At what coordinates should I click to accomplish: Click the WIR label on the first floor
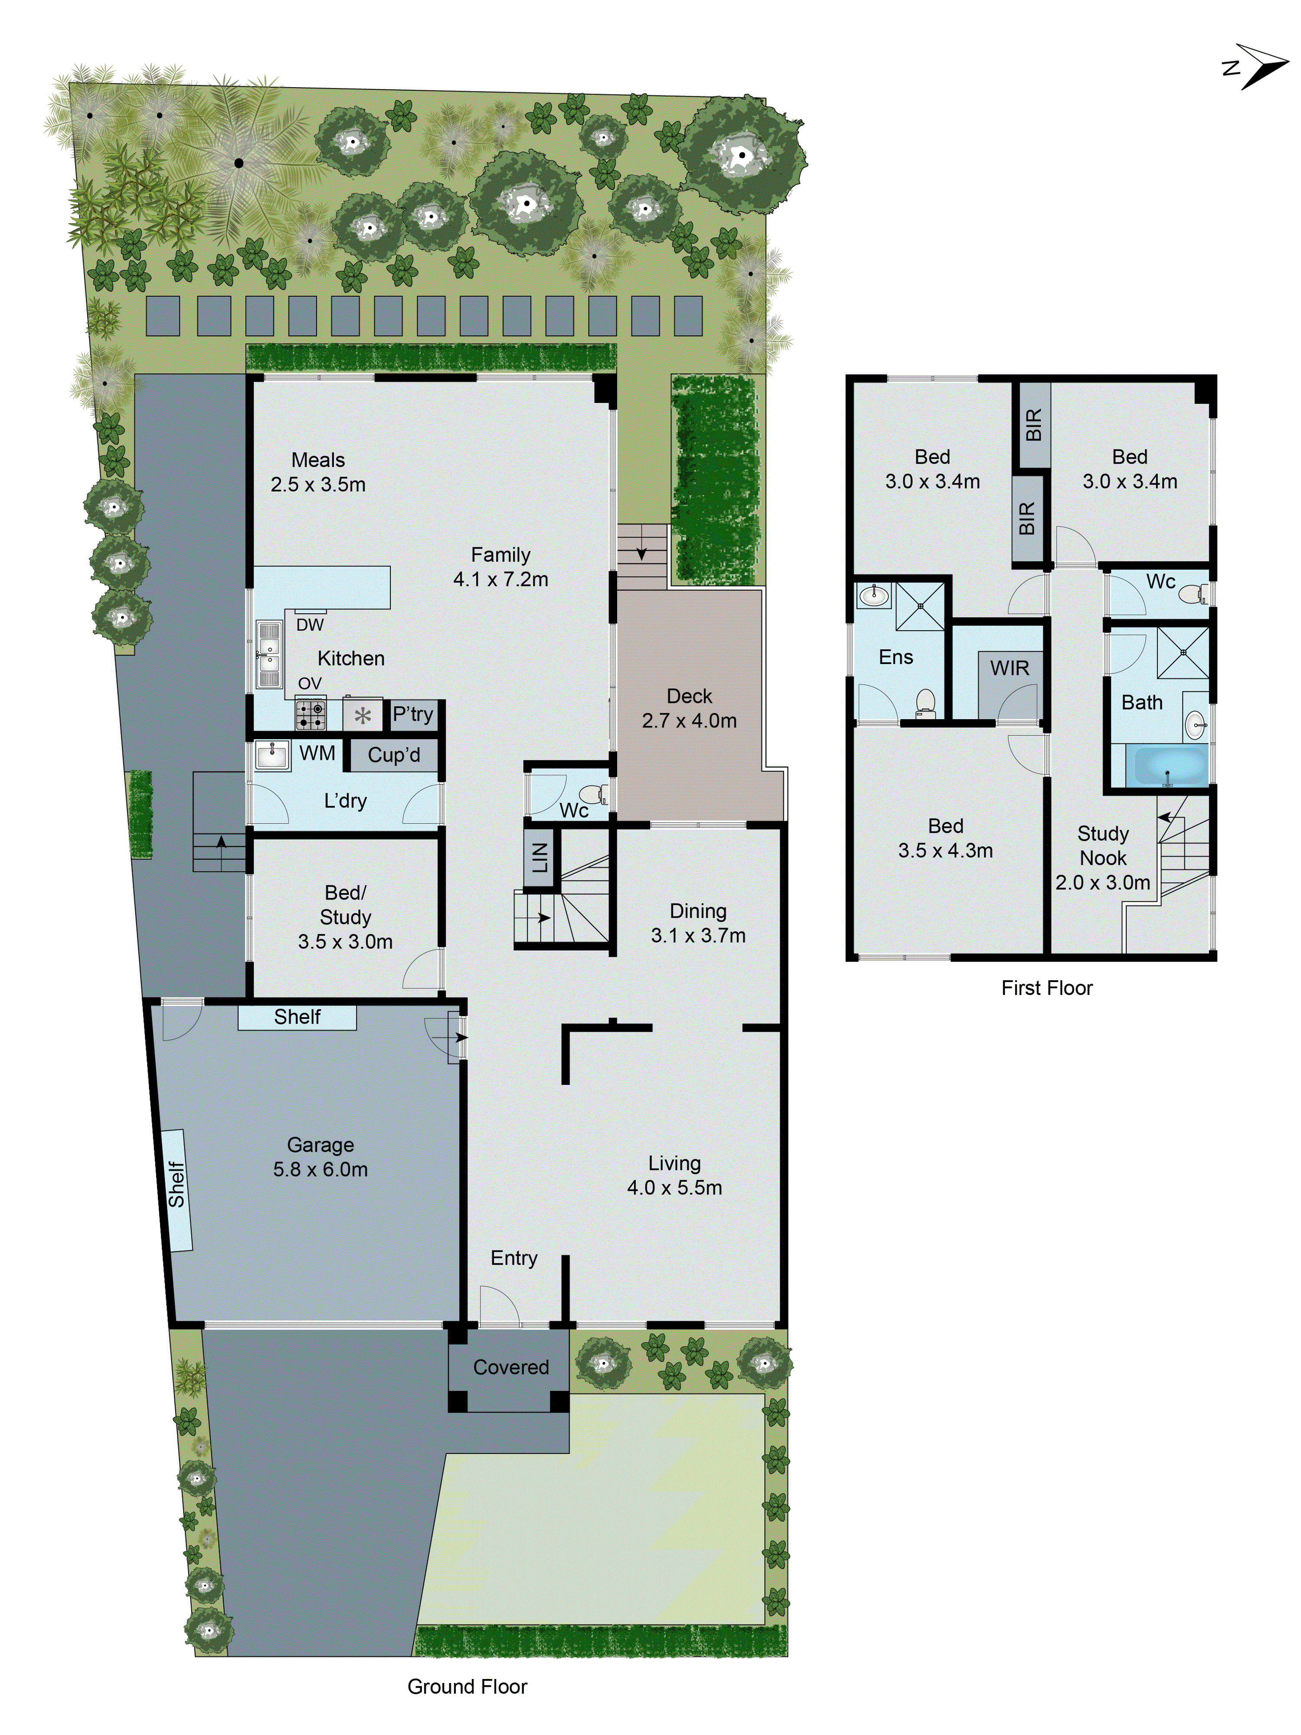[1009, 668]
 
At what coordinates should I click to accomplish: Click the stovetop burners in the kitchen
[311, 714]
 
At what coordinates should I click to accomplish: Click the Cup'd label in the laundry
[394, 755]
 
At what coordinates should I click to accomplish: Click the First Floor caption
[1046, 988]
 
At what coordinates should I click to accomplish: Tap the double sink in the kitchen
[269, 654]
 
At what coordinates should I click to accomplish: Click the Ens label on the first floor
[896, 657]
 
